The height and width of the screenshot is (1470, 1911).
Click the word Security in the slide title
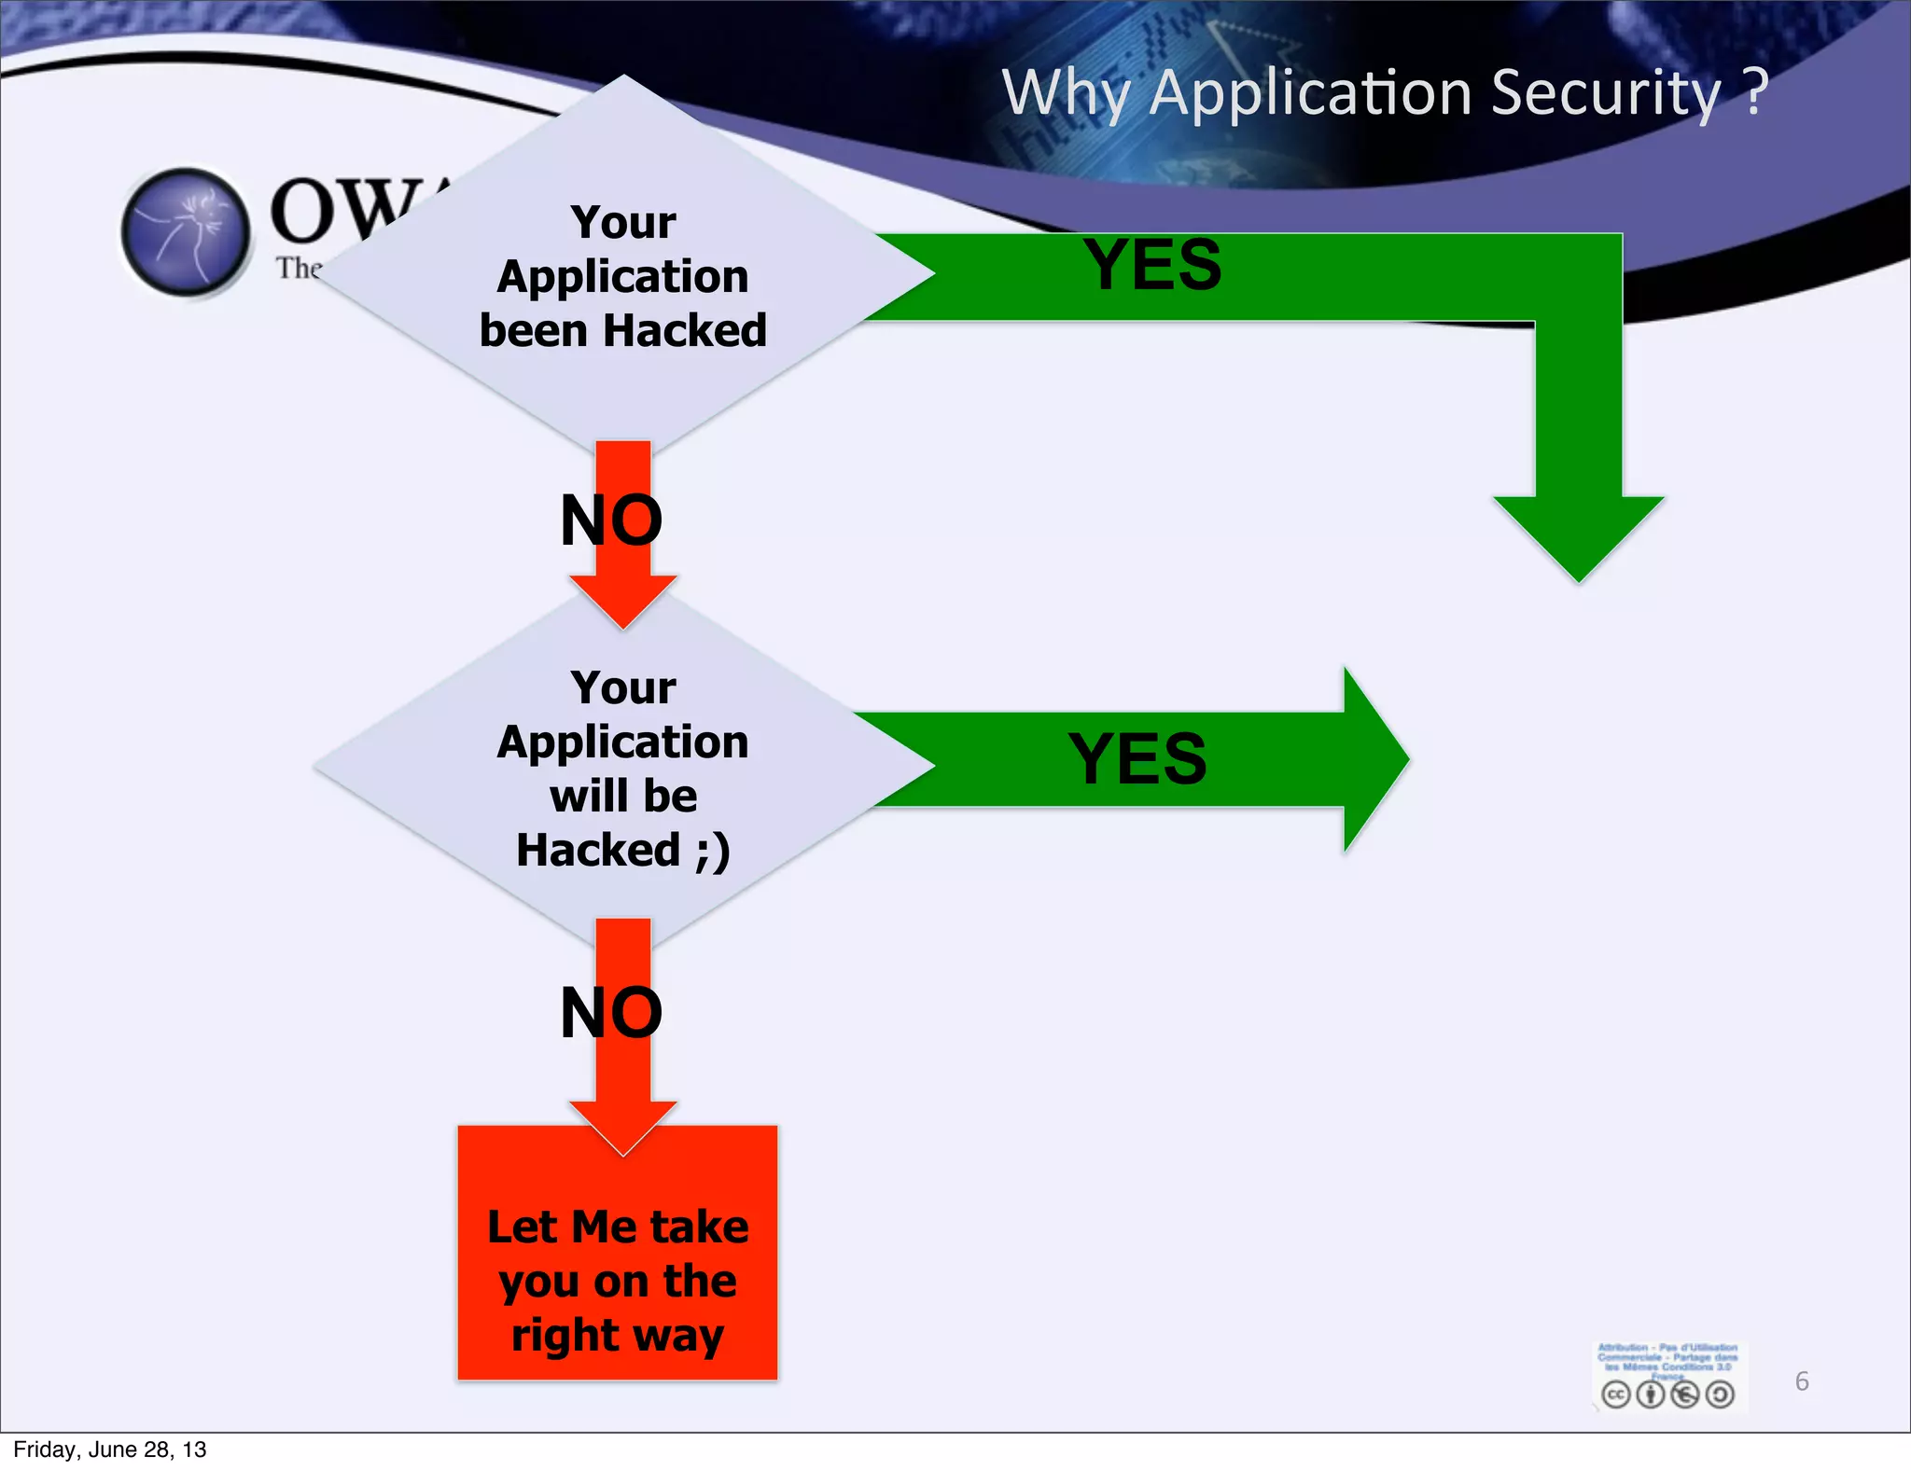pyautogui.click(x=1605, y=93)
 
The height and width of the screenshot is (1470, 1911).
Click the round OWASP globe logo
pyautogui.click(x=187, y=232)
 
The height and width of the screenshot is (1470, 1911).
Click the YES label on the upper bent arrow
pyautogui.click(x=1151, y=265)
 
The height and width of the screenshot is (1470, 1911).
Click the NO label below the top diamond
pyautogui.click(x=611, y=520)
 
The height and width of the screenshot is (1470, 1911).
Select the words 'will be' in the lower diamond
pyautogui.click(x=623, y=796)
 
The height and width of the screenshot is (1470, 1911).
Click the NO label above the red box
pyautogui.click(x=611, y=1012)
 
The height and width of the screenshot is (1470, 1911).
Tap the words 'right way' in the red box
pyautogui.click(x=618, y=1335)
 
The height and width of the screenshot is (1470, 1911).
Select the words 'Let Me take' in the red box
pyautogui.click(x=618, y=1227)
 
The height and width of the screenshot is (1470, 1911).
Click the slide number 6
pyautogui.click(x=1802, y=1381)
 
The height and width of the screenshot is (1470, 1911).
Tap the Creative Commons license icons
pyautogui.click(x=1667, y=1394)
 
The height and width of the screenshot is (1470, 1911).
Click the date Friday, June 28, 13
pyautogui.click(x=110, y=1449)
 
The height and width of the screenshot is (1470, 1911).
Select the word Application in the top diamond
pyautogui.click(x=622, y=276)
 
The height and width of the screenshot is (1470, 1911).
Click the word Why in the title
pyautogui.click(x=1068, y=93)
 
